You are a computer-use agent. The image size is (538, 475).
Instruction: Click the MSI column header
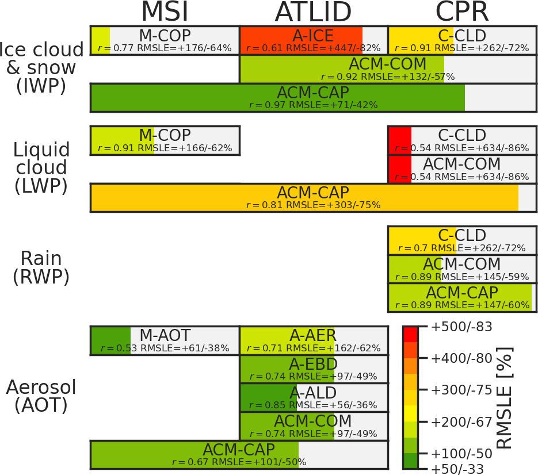click(165, 12)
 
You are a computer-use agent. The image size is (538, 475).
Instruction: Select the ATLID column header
click(313, 12)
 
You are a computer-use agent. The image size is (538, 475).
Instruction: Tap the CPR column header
click(462, 12)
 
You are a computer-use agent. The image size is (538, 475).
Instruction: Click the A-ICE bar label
click(313, 36)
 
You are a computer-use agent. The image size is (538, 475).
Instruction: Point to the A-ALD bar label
click(313, 393)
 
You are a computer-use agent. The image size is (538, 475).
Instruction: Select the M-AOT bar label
click(165, 335)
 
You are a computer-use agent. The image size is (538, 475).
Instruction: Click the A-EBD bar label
click(313, 364)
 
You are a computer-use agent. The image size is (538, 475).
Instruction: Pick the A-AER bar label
click(313, 335)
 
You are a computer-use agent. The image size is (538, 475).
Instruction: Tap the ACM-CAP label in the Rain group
click(462, 293)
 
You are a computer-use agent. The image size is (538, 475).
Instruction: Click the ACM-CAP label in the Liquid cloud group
click(313, 193)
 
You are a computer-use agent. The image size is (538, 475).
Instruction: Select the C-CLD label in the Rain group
click(462, 235)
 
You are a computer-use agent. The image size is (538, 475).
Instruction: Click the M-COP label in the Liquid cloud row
click(165, 135)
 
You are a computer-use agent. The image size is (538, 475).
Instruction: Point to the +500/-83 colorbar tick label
click(461, 327)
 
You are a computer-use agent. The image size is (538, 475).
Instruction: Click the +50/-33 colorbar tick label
click(458, 468)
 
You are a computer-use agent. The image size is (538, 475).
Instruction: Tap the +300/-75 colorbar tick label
click(461, 390)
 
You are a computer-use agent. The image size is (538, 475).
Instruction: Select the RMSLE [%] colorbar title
click(505, 397)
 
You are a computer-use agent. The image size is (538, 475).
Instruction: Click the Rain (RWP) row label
click(41, 268)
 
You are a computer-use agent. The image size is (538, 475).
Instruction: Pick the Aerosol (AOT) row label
click(41, 396)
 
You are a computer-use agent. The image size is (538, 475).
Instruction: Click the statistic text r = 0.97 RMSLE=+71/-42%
click(313, 105)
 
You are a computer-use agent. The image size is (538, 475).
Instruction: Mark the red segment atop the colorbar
click(410, 334)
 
